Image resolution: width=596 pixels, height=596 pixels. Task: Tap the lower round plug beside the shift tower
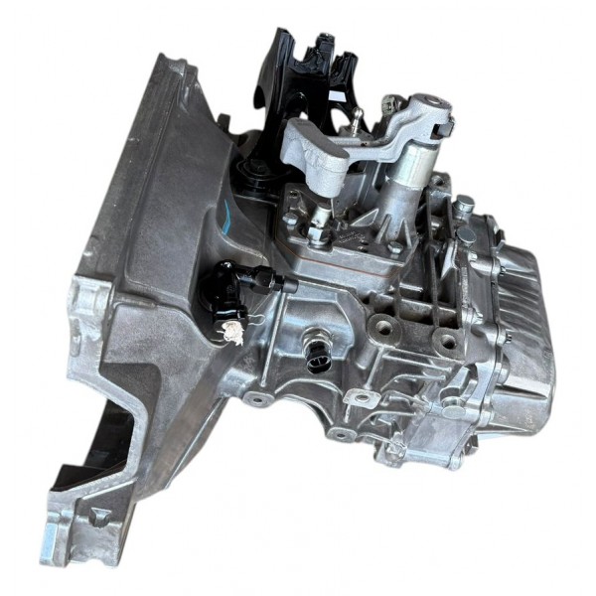click(x=467, y=234)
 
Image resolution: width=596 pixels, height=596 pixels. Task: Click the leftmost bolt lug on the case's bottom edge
click(x=256, y=398)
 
